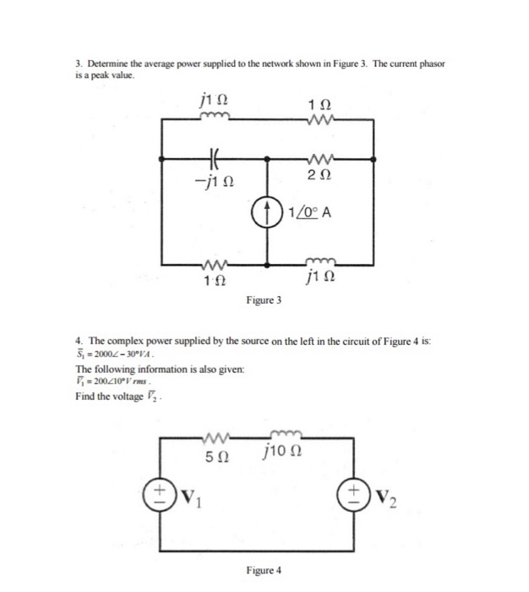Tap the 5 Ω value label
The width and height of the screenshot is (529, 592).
point(217,458)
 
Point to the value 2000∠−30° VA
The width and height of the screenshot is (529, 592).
point(112,352)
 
